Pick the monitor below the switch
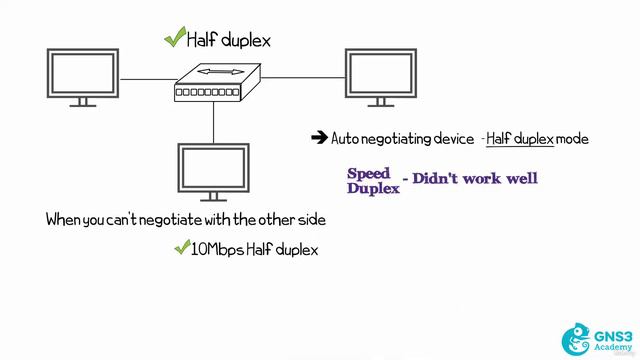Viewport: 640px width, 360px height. click(212, 171)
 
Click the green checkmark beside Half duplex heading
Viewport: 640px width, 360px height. click(175, 38)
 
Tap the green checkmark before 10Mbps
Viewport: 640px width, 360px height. click(182, 249)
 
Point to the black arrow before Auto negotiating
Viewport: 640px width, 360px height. click(320, 138)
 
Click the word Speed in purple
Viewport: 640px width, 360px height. click(369, 172)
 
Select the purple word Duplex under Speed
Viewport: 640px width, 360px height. click(372, 186)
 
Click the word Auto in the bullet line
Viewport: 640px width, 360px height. click(346, 139)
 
